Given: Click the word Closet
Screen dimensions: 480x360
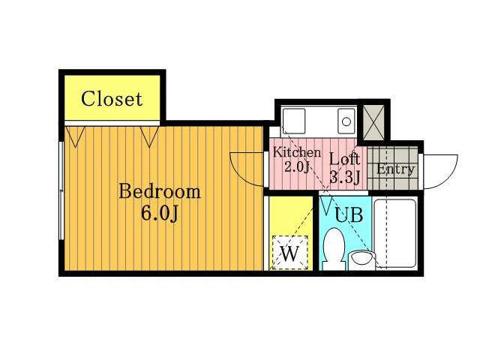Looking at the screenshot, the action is [112, 99].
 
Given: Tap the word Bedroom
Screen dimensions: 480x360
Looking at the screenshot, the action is [160, 192].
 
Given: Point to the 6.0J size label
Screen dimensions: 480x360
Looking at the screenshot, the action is [160, 213].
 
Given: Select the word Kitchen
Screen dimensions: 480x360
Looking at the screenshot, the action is [297, 152].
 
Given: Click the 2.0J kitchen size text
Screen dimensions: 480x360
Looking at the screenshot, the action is [298, 167].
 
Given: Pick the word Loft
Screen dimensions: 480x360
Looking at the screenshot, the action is [344, 159].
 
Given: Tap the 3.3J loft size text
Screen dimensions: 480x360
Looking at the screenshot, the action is [344, 177].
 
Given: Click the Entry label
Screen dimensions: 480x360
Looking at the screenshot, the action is [395, 169].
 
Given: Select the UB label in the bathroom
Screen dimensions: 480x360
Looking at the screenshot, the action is [349, 214].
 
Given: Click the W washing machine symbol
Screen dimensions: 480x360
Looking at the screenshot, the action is [289, 253].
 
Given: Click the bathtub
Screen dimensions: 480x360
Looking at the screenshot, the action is [396, 233].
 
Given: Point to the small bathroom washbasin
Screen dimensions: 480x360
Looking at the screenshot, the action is [361, 260].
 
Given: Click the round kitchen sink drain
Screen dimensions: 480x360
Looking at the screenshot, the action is [346, 121].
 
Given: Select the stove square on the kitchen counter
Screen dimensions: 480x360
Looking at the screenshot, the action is [294, 121].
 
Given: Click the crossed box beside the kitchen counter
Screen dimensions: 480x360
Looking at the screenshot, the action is [373, 122].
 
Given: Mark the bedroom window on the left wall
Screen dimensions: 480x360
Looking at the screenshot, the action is [61, 190].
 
